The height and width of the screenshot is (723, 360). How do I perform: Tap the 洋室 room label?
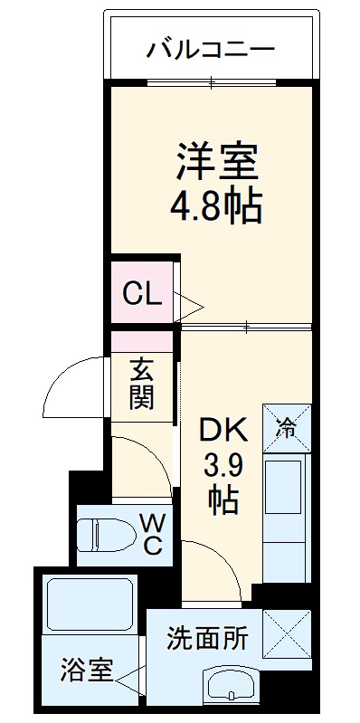tap(217, 162)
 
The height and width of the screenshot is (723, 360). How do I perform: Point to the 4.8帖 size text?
tap(217, 208)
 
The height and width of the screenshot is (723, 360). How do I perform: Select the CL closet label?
tap(142, 292)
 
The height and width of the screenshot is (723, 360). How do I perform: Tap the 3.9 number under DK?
tap(219, 467)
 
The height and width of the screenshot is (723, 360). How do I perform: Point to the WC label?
tap(151, 534)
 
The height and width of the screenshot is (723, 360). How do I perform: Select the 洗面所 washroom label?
tap(206, 638)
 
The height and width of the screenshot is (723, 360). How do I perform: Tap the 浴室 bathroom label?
tap(87, 671)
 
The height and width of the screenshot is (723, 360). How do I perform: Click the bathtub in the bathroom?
tap(88, 607)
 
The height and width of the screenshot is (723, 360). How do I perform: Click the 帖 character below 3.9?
tap(220, 499)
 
